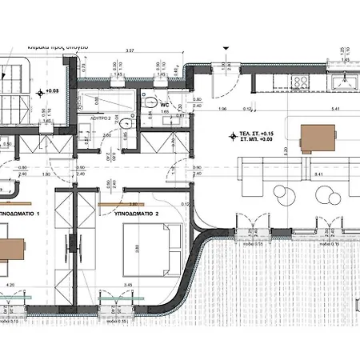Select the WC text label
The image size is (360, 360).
click(x=163, y=104)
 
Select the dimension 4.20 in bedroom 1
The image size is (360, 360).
click(x=10, y=284)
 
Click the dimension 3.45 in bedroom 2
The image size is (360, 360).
click(x=106, y=284)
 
